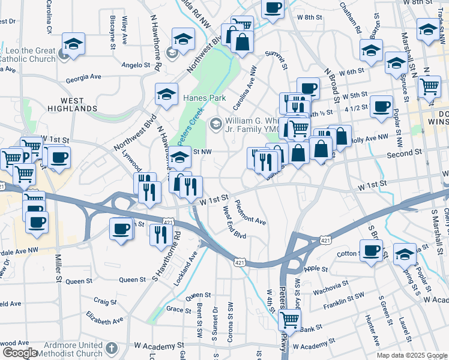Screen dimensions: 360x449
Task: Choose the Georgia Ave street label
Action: coord(83,77)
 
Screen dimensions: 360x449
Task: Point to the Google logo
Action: coord(19,353)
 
